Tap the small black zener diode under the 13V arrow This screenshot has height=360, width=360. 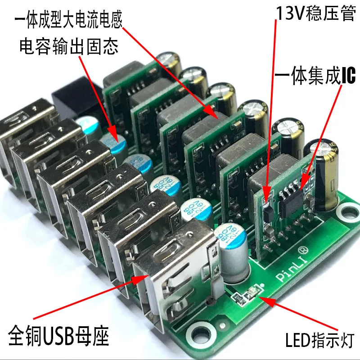point(266,208)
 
